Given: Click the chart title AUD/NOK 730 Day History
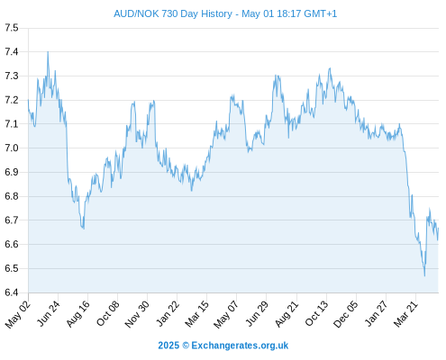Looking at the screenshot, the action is coord(173,13).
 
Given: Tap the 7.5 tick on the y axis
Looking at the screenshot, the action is coord(12,28).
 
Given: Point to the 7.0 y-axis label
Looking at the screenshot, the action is coord(12,148).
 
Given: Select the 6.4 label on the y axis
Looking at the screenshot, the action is coord(12,292).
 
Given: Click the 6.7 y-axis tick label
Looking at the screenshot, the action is coord(12,220).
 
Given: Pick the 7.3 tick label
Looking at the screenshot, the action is coord(12,76).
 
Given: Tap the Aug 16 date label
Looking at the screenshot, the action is coord(78,314).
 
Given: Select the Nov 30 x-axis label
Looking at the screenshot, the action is coord(137,314).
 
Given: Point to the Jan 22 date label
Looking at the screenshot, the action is coord(168,314).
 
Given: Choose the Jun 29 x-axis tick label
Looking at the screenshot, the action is coord(257,314).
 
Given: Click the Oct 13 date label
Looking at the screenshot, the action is coord(317,314).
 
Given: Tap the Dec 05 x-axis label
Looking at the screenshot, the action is coord(346,314).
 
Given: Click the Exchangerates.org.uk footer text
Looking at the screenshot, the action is coord(240,346).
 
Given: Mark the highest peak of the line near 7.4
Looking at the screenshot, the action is coord(48,52).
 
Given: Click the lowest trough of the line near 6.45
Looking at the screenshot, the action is coord(424,275).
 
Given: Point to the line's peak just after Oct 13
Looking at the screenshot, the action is coord(330,68).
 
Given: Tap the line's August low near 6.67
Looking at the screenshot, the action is coord(84,229).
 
